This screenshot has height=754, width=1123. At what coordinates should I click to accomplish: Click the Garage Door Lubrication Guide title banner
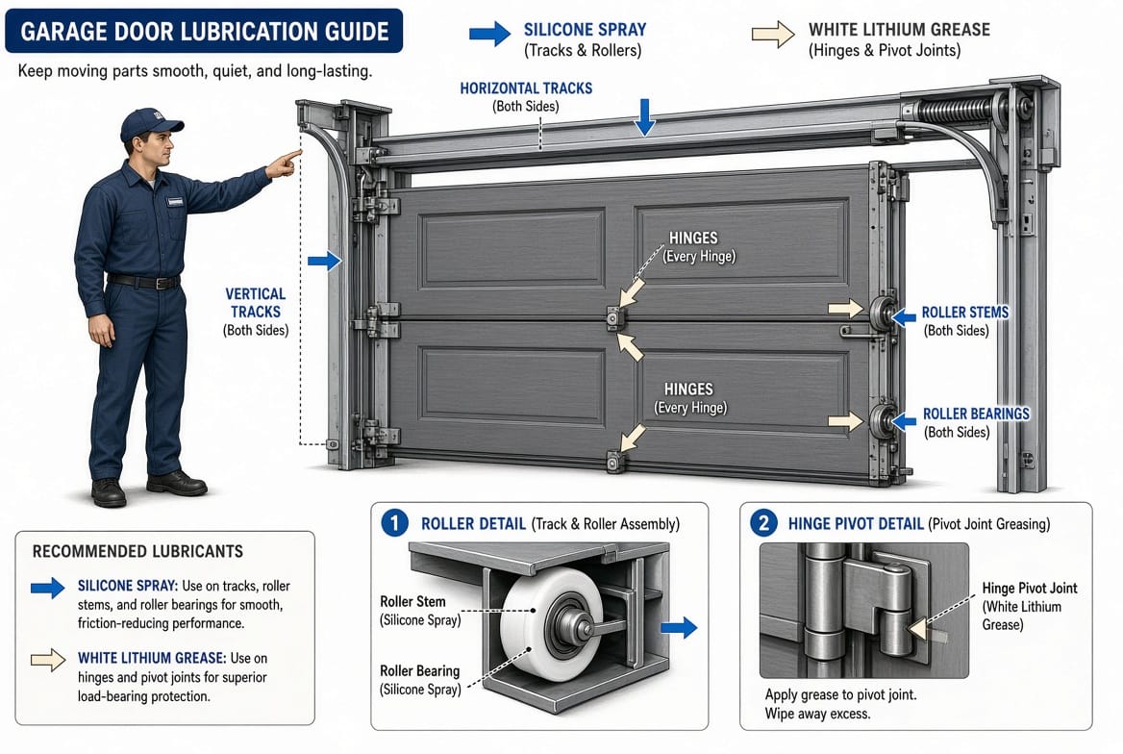(x=204, y=31)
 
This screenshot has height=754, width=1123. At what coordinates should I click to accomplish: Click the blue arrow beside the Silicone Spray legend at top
(x=490, y=33)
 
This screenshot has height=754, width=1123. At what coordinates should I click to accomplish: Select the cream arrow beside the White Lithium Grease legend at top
(x=773, y=34)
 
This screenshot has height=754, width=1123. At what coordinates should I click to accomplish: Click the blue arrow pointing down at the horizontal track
(x=644, y=116)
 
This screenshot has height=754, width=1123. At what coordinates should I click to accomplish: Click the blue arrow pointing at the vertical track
(x=324, y=261)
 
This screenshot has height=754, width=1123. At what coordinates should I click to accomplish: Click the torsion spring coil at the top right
(x=953, y=112)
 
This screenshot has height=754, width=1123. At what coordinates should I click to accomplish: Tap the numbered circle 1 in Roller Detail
(x=394, y=523)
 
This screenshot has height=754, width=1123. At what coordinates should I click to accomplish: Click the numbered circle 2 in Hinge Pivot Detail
(x=763, y=523)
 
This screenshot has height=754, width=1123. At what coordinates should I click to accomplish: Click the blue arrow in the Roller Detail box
(x=678, y=628)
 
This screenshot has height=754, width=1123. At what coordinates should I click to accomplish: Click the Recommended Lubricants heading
(x=137, y=551)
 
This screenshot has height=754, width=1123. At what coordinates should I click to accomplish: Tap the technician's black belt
(x=144, y=282)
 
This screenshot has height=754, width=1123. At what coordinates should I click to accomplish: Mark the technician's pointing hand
(x=283, y=164)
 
